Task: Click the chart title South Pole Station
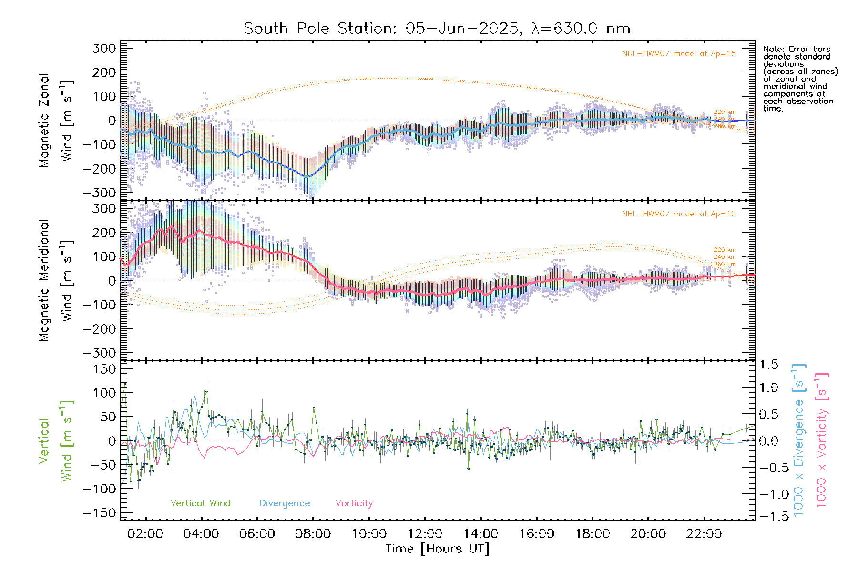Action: [437, 28]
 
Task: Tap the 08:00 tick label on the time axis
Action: [313, 534]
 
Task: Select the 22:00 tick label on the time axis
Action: [704, 534]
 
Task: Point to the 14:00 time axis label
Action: [480, 534]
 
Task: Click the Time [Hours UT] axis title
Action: [437, 549]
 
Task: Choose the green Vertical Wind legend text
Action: [200, 503]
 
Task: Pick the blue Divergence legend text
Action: [285, 503]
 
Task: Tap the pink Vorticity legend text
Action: [354, 503]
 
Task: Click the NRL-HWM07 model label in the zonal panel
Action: [679, 53]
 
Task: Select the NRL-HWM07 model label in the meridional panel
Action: [679, 214]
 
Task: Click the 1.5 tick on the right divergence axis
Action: [768, 365]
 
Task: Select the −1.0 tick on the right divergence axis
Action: [768, 494]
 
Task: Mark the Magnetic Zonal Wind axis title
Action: [56, 120]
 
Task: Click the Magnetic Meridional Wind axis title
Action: [56, 280]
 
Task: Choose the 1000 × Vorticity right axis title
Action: [822, 440]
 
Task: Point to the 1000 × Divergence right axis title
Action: [799, 440]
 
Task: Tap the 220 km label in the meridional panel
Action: [725, 250]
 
